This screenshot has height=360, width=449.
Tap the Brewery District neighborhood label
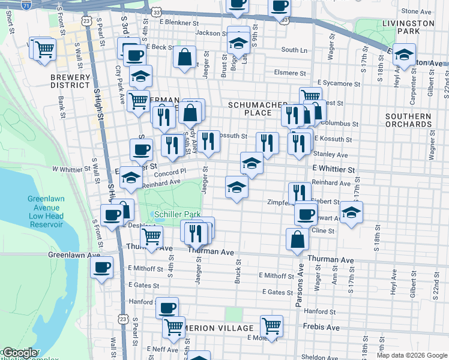coord(70,81)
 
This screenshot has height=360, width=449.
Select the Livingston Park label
coord(408,27)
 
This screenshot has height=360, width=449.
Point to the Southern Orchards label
coord(409,120)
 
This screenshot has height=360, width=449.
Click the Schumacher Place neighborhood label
coord(258,109)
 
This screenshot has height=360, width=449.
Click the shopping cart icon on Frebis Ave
coord(272,326)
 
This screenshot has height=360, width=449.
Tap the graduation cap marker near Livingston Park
coord(405,55)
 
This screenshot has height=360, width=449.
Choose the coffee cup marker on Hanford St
coord(167,307)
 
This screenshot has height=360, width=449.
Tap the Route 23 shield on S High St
coord(87,20)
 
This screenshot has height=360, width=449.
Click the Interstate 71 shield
coord(26,5)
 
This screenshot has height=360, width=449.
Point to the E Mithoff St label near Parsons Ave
coord(276,275)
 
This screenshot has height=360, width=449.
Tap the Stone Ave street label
coord(417,11)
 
